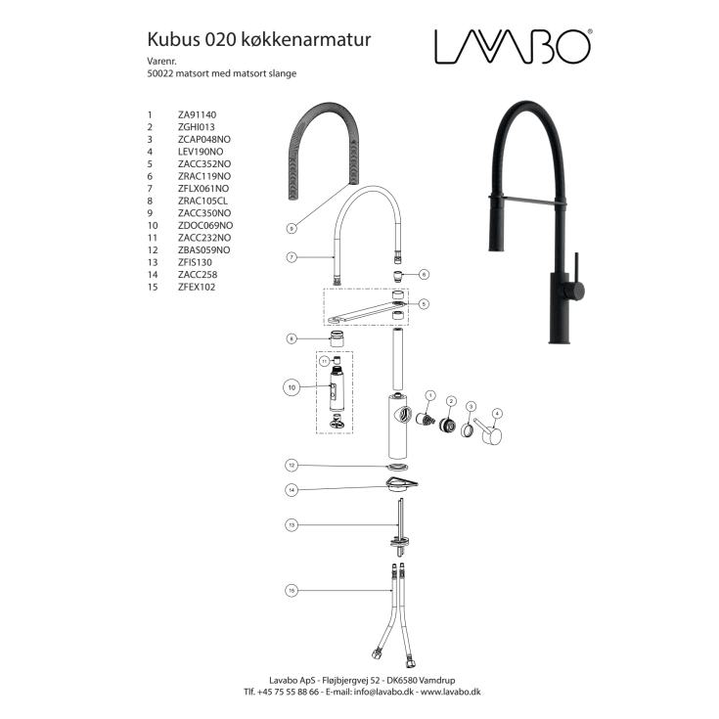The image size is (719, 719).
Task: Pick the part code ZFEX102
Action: pyautogui.click(x=197, y=287)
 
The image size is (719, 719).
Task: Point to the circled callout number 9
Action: pyautogui.click(x=292, y=228)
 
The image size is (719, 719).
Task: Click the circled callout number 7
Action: pyautogui.click(x=292, y=257)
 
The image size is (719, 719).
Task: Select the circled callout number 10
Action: pyautogui.click(x=292, y=387)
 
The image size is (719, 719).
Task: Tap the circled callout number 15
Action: pyautogui.click(x=292, y=590)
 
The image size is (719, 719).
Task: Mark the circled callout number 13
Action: pyautogui.click(x=292, y=525)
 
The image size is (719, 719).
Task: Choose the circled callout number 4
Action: pyautogui.click(x=497, y=413)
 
